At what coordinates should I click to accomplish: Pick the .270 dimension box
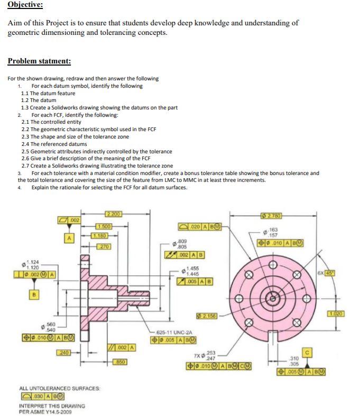point(103,246)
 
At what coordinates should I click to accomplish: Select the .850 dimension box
point(121,361)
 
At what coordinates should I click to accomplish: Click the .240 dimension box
point(63,352)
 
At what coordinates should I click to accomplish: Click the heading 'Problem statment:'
point(39,61)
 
